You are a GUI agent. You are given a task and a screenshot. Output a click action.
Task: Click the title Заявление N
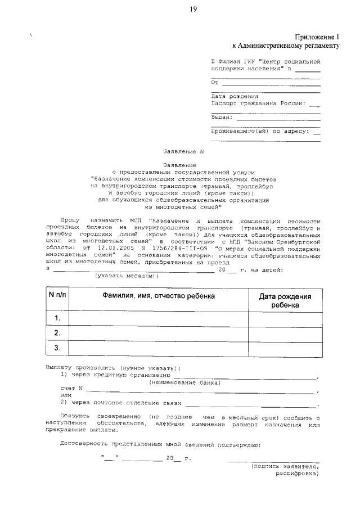(x=182, y=151)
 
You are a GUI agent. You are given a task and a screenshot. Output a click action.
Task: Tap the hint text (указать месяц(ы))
(x=127, y=276)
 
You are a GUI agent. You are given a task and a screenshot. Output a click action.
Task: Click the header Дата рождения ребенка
(x=285, y=300)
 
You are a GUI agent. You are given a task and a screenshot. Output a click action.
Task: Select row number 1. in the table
(x=57, y=318)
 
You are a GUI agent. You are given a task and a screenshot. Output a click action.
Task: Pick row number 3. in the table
(x=57, y=348)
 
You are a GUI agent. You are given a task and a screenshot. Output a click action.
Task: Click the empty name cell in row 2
(x=158, y=334)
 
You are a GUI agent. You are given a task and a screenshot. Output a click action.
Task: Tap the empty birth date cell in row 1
(x=285, y=318)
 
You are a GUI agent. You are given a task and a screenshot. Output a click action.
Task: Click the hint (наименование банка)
(x=184, y=382)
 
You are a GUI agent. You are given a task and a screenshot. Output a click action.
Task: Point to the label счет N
(x=71, y=389)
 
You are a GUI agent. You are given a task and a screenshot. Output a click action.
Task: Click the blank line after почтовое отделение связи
(x=251, y=404)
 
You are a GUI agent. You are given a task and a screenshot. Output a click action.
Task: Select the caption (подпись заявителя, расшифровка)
(x=285, y=470)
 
